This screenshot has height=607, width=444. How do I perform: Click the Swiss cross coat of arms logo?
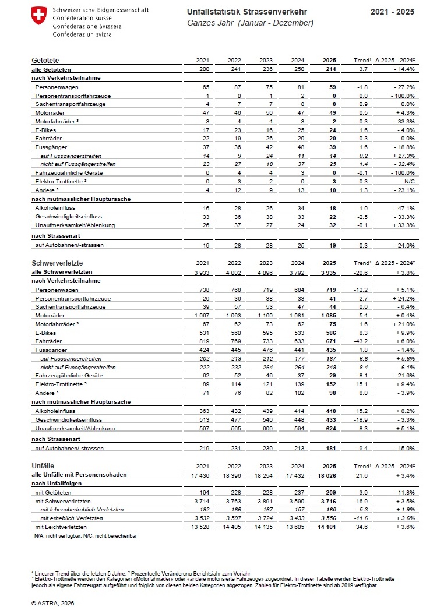click(x=38, y=16)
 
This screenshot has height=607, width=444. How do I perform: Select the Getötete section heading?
click(x=45, y=61)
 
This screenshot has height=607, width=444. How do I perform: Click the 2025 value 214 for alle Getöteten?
click(x=330, y=69)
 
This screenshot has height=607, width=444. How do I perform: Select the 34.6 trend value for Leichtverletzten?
click(x=362, y=527)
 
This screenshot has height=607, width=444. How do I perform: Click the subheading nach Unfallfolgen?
click(x=58, y=484)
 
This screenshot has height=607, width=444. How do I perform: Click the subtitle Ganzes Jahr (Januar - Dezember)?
click(x=251, y=23)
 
